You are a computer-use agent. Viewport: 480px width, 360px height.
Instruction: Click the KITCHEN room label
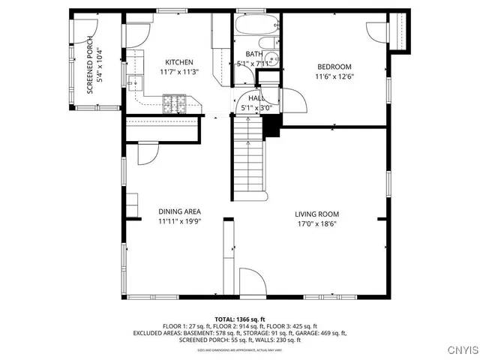click(179, 62)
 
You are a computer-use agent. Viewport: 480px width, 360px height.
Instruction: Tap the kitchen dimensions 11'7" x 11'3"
click(179, 73)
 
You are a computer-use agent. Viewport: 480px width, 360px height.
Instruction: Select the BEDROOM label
click(334, 67)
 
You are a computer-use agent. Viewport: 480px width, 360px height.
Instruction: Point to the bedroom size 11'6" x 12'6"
click(334, 76)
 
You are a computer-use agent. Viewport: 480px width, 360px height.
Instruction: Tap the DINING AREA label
click(179, 211)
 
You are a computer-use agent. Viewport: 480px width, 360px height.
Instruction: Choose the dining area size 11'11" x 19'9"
click(179, 222)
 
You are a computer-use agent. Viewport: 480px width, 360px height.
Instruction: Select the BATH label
click(254, 54)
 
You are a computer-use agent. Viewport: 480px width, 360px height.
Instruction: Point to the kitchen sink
click(135, 83)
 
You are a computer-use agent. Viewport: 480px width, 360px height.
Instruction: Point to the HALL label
click(256, 98)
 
